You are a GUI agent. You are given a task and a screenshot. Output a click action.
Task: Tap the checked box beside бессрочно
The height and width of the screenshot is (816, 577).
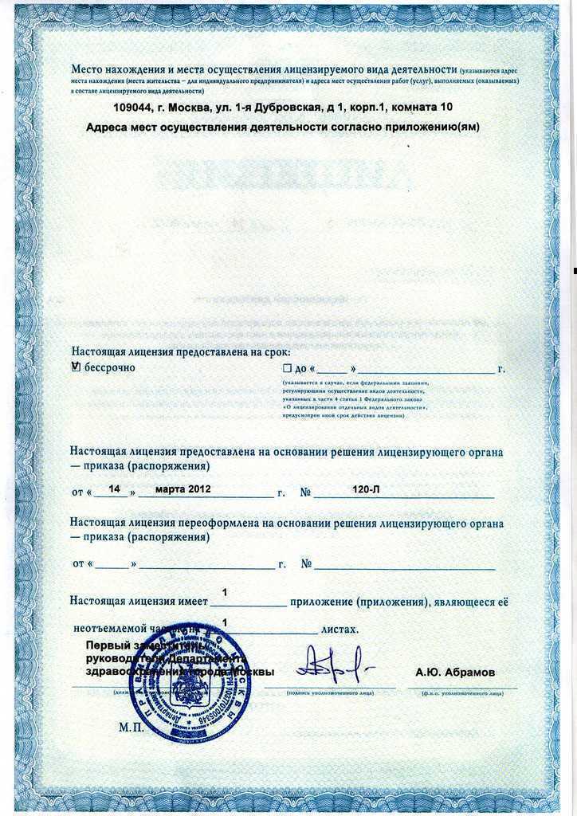(x=77, y=367)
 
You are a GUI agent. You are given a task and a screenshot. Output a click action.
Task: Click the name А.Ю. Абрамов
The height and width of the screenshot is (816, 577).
(x=455, y=673)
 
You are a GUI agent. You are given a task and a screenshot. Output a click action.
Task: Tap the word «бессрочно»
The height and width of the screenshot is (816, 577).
(x=110, y=367)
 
